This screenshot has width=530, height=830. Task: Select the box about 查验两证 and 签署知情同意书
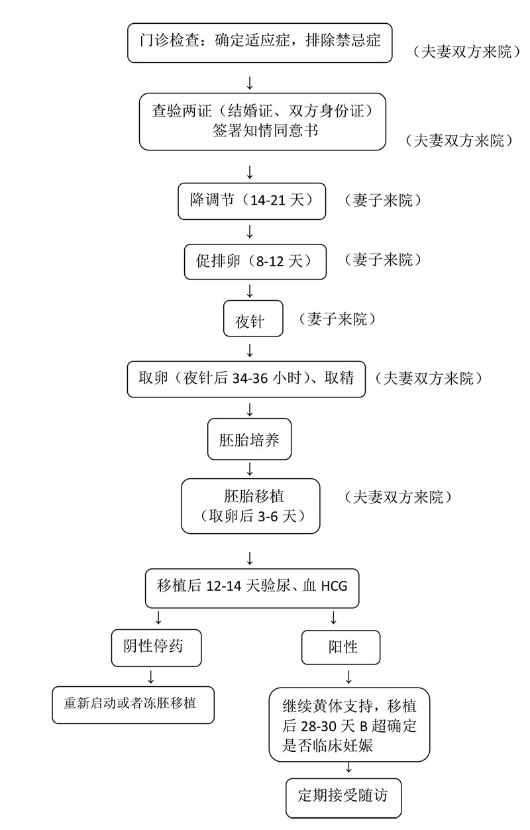click(x=262, y=121)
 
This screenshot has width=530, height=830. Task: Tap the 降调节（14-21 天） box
click(x=252, y=201)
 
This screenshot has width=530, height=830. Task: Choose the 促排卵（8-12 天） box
click(x=255, y=261)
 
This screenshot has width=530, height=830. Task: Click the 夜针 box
click(x=254, y=319)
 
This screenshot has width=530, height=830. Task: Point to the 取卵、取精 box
click(x=246, y=379)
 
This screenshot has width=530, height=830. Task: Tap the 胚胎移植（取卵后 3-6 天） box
click(x=250, y=506)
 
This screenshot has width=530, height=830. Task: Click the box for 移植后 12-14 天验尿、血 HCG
click(x=252, y=587)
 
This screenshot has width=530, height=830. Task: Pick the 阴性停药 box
click(x=156, y=647)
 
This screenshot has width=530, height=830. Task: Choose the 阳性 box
click(x=341, y=647)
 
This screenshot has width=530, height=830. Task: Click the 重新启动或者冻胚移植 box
click(x=133, y=704)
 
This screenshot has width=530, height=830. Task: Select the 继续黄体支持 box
click(x=349, y=725)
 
